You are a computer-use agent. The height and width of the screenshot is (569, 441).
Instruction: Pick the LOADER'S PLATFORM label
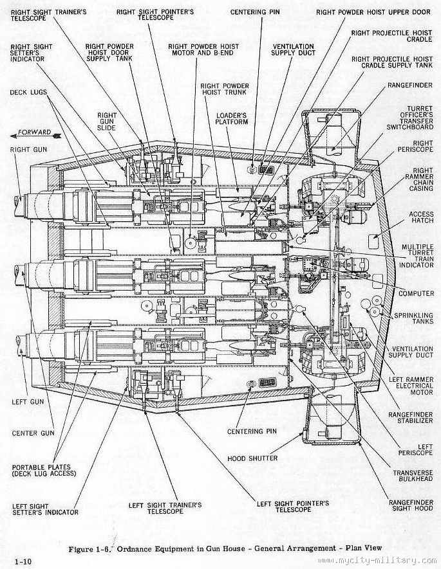(x=233, y=118)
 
